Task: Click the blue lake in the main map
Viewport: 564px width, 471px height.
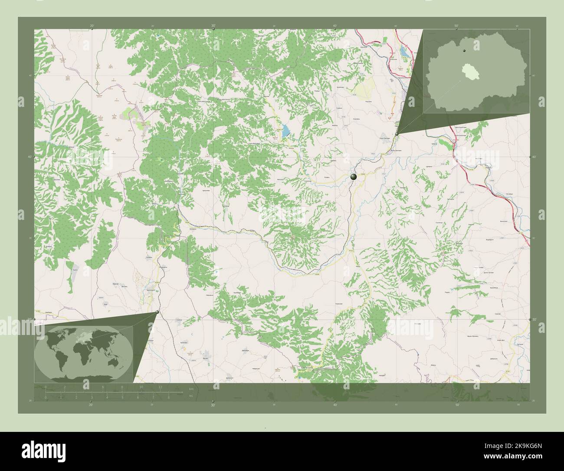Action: point(285,130)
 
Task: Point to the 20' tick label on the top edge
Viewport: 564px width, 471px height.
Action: point(92,26)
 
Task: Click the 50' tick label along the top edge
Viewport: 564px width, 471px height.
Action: point(456,26)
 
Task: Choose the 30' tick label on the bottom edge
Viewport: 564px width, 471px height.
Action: point(213,405)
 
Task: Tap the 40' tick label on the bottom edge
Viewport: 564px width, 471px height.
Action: point(335,405)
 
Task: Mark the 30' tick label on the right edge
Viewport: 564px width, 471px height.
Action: point(534,319)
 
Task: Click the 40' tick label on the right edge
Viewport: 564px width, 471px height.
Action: point(534,157)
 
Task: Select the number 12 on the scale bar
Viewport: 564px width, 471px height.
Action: point(161,387)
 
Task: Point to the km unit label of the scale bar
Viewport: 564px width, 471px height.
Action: point(190,389)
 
